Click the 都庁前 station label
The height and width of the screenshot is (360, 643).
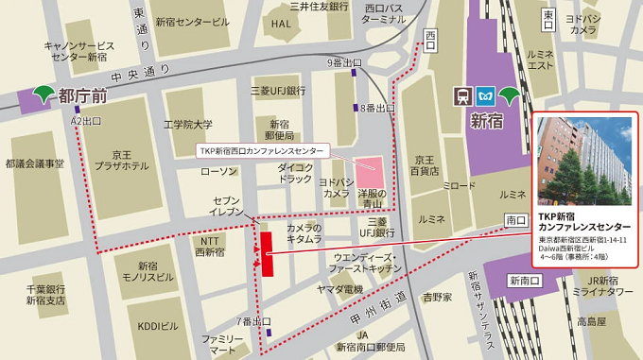coord(83,94)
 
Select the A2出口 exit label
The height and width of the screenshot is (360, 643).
coord(86,122)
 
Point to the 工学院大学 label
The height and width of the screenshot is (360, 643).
coord(188,124)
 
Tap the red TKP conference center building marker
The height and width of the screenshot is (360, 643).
coord(267,252)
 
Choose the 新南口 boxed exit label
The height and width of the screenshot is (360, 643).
coord(525,281)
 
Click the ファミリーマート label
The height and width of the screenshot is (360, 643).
coord(219,343)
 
